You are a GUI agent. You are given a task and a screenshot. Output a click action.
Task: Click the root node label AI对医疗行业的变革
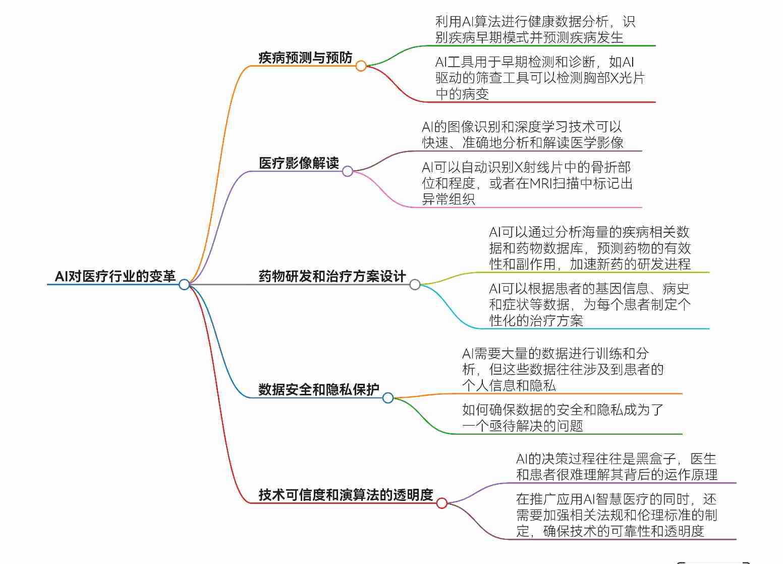tap(115, 276)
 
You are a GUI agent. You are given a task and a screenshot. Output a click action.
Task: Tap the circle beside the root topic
tap(184, 284)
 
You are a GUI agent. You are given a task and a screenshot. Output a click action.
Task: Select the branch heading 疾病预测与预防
tap(305, 58)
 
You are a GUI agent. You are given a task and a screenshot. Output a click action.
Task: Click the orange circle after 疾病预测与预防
tap(361, 66)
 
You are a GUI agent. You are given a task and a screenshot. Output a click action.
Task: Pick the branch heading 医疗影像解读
tap(299, 163)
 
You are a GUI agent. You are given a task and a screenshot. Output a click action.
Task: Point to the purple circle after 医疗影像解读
tap(348, 171)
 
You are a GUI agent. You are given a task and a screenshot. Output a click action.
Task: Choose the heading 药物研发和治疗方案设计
tap(332, 276)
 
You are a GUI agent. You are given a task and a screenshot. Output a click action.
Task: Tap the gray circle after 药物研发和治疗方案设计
tap(415, 284)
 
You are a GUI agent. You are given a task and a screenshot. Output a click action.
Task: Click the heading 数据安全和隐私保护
tap(319, 389)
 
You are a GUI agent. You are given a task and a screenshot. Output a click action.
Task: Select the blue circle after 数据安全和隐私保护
tap(387, 398)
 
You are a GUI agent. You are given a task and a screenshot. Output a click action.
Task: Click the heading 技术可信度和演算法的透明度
tap(346, 495)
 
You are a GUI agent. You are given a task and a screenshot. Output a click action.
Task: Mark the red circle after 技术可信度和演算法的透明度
tap(442, 503)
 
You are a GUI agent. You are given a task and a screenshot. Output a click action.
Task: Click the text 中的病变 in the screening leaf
tap(462, 94)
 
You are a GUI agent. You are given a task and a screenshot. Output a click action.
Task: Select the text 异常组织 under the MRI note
tap(449, 199)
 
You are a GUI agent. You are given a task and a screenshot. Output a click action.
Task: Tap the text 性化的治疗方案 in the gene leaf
tap(536, 321)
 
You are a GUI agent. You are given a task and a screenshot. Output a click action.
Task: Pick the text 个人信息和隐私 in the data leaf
tap(509, 386)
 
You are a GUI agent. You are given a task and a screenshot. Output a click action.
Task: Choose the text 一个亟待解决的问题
tap(523, 426)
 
